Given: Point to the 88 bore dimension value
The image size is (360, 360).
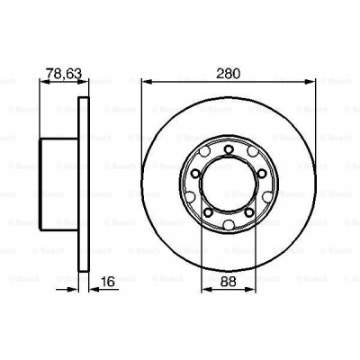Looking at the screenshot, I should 229,282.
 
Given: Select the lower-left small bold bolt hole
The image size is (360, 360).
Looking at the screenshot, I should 209,211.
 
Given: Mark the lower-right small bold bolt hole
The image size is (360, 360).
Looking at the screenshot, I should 248,211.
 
